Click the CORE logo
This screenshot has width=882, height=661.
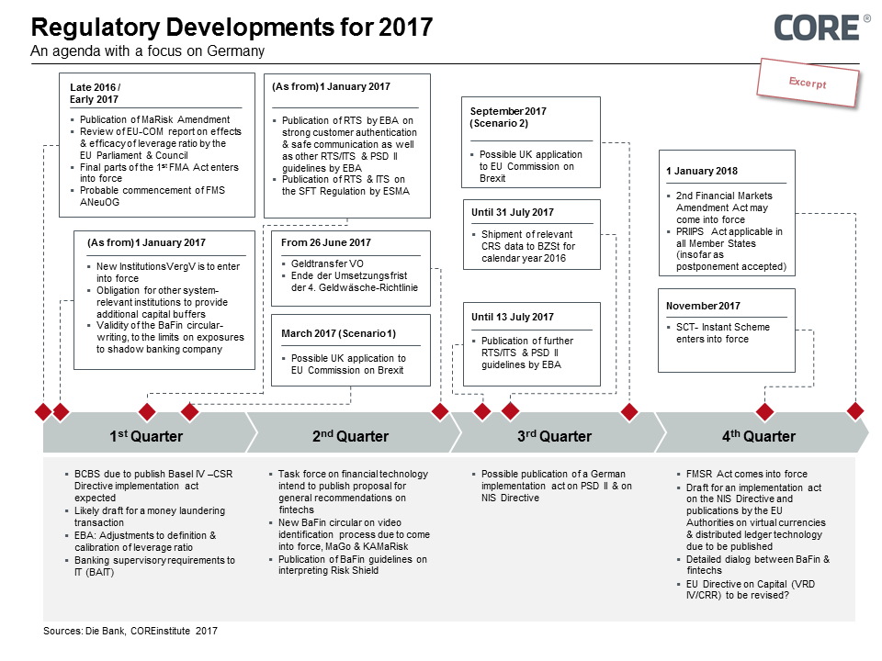817,28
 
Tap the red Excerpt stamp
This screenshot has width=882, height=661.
808,83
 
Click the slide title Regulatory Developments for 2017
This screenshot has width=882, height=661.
232,27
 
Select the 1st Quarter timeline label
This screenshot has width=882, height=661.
146,436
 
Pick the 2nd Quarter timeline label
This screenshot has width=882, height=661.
350,436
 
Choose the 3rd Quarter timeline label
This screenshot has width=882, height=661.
555,436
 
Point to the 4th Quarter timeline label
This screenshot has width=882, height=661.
759,436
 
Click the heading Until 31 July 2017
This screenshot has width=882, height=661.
513,212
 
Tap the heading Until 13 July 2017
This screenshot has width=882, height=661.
513,317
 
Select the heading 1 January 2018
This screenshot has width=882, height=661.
702,171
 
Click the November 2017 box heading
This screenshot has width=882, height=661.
703,306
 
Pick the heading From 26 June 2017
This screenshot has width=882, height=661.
325,242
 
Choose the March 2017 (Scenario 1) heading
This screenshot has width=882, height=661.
339,333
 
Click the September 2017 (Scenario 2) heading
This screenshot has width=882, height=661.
508,117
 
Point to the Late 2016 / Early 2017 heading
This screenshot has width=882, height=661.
95,94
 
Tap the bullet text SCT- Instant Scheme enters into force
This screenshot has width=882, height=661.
723,333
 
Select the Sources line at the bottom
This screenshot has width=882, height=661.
130,631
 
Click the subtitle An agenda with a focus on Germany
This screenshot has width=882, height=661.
147,51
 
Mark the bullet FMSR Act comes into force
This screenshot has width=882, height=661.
746,474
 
